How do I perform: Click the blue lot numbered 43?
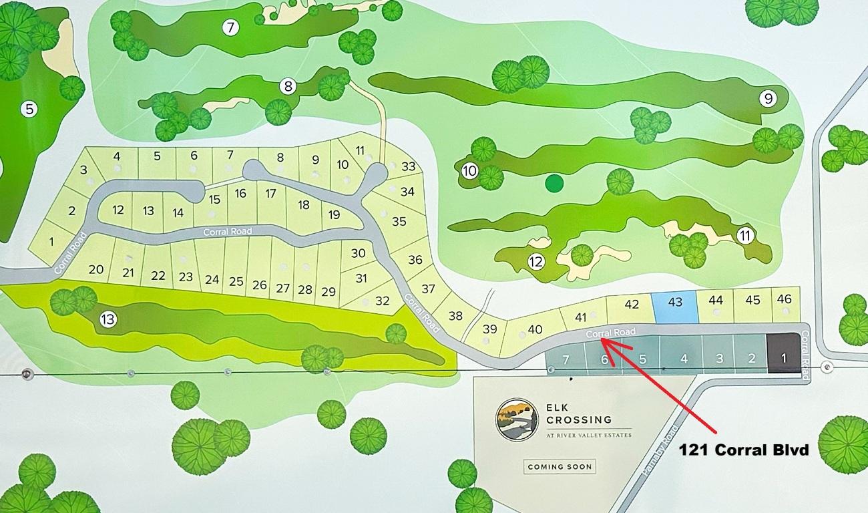tap(674, 306)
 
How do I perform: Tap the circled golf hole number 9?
tap(768, 99)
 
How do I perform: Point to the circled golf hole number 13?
tap(108, 320)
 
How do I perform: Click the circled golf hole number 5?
tap(29, 108)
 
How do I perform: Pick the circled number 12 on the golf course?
tap(535, 262)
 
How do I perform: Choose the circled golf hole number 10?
tap(469, 171)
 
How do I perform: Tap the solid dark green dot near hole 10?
tap(554, 182)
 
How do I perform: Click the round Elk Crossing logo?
tap(517, 419)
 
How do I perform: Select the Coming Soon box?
tap(559, 466)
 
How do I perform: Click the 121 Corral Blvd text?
tap(744, 450)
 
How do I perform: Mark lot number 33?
tap(409, 166)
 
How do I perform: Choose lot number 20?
tap(96, 269)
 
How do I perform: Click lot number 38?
tap(455, 315)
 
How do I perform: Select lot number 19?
tap(335, 215)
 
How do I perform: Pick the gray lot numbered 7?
tap(566, 359)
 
